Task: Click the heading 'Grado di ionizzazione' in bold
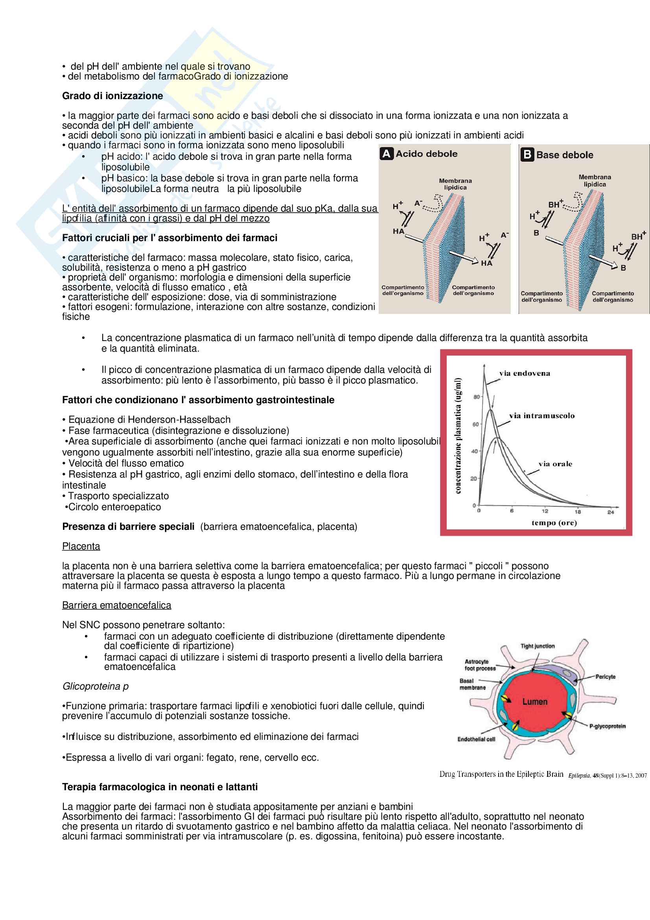[112, 96]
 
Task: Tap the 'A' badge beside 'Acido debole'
[386, 154]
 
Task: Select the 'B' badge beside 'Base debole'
[527, 155]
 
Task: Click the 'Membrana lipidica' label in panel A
[455, 184]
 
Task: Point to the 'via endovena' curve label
[524, 373]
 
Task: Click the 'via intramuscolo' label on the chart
[541, 416]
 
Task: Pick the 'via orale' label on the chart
[555, 464]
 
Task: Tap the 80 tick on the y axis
[476, 397]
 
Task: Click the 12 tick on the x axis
[545, 511]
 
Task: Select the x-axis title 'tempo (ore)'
[554, 523]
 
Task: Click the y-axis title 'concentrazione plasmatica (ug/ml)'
[458, 435]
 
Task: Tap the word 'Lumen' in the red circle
[534, 702]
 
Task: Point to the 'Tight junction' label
[537, 646]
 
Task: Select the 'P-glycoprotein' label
[607, 726]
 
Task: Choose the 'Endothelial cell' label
[476, 739]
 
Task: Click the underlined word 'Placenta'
[81, 547]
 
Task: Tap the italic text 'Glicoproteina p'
[95, 686]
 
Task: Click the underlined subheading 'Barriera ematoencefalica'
[116, 605]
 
